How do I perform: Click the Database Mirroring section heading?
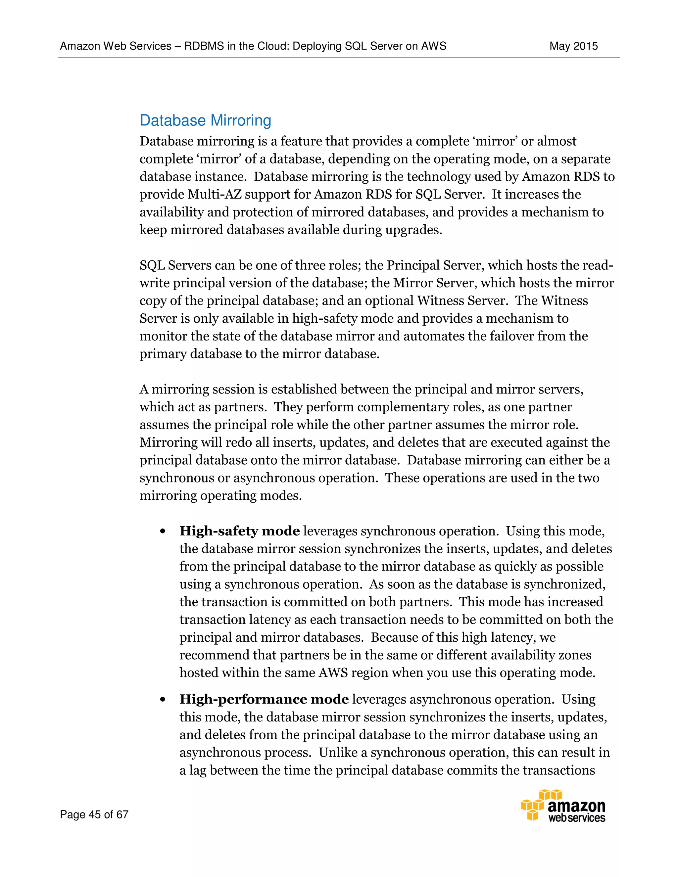tap(205, 120)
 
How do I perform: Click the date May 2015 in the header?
tap(573, 46)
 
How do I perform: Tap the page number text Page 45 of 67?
tap(94, 814)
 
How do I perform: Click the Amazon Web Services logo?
tap(563, 806)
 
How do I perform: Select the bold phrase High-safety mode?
tap(239, 531)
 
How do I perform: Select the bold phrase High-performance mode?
tap(264, 699)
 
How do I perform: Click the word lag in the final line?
tap(197, 770)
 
